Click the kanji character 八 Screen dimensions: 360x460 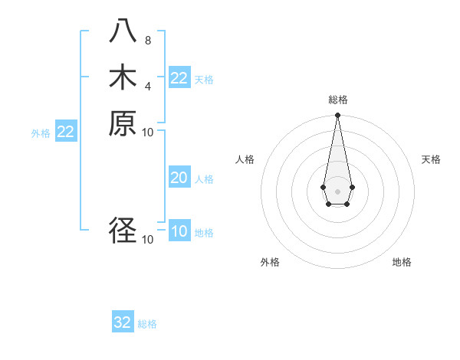tap(123, 31)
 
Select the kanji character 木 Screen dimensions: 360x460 tap(123, 77)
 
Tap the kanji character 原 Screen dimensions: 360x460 tap(123, 123)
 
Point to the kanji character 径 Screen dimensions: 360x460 tap(123, 231)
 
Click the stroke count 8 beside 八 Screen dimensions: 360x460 tap(147, 40)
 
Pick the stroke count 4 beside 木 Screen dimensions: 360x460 tap(147, 86)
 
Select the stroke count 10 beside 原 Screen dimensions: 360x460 tap(148, 132)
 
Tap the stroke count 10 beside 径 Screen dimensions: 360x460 tap(148, 239)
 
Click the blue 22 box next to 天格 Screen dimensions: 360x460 tap(179, 78)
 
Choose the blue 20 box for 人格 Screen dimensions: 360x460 tap(179, 178)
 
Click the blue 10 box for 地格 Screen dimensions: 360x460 tap(179, 231)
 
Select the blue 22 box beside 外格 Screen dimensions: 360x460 tap(66, 132)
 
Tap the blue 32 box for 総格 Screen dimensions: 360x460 tap(123, 322)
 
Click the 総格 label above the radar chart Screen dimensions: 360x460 tap(337, 100)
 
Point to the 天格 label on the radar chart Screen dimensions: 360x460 tap(431, 159)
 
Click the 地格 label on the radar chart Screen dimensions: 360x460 tap(402, 262)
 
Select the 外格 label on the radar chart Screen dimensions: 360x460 tap(270, 262)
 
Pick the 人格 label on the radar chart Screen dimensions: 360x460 tap(245, 159)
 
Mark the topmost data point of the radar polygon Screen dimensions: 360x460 tap(337, 116)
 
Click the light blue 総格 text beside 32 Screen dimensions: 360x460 tap(147, 324)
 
